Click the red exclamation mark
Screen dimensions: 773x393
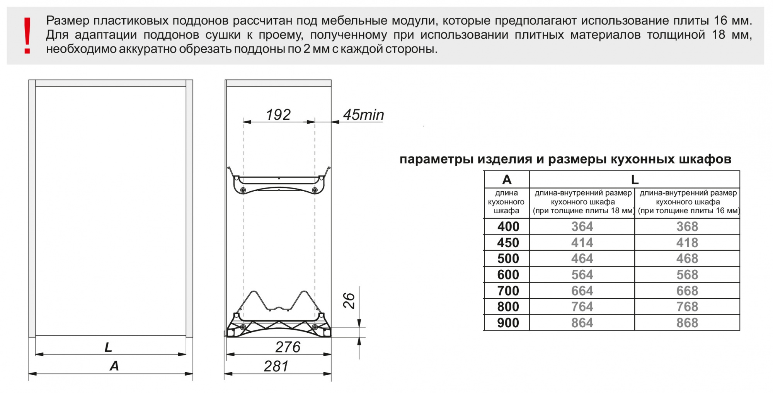27,36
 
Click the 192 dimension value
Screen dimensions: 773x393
278,115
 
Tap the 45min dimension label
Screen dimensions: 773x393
364,115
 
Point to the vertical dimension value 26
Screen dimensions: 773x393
349,300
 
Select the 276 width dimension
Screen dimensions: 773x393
288,347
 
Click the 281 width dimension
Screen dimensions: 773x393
276,366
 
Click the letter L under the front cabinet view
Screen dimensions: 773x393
109,347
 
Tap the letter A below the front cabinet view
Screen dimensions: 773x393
114,366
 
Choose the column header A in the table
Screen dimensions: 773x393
507,180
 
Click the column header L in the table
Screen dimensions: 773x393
635,180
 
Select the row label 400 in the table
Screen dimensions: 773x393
508,226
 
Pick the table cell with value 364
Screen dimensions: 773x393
582,226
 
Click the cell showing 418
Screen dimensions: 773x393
687,243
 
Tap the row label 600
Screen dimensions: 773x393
508,275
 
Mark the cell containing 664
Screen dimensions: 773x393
582,291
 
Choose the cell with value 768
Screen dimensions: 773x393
687,307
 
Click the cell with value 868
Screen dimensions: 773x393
687,323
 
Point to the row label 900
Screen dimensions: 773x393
508,323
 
